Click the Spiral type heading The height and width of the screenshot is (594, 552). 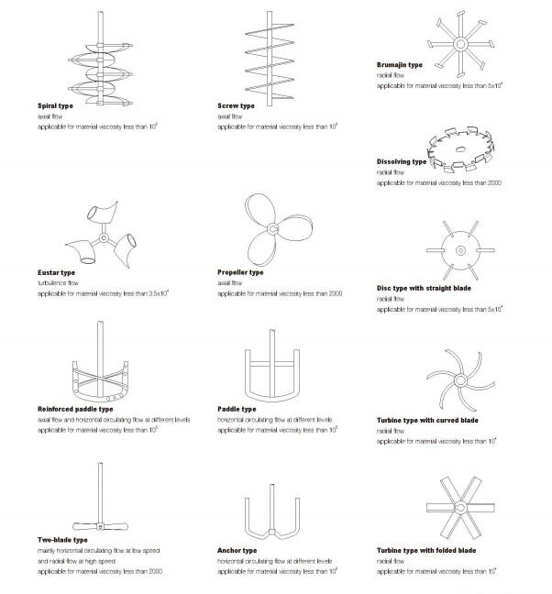coord(54,106)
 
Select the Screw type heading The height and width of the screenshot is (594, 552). coord(236,106)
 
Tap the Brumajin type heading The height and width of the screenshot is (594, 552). coord(399,65)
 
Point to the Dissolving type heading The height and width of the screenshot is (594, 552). coord(402,161)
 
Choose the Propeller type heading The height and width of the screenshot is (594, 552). coord(240,272)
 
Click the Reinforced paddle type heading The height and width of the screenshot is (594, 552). coord(76,409)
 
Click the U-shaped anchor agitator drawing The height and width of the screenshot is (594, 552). coord(273,519)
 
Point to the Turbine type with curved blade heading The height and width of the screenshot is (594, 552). coord(427,420)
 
